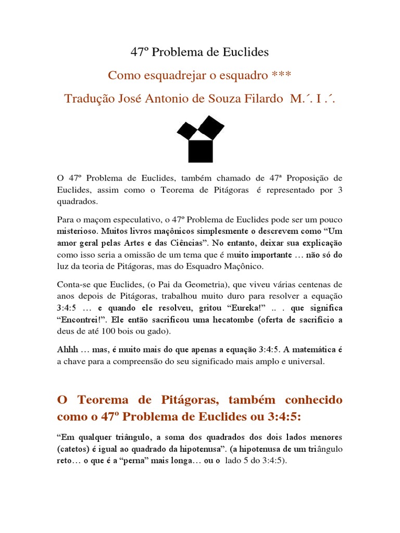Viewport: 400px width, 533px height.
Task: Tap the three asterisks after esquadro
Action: pyautogui.click(x=282, y=75)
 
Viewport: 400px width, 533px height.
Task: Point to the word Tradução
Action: pyautogui.click(x=89, y=98)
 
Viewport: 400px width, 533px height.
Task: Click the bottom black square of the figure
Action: pyautogui.click(x=200, y=151)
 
